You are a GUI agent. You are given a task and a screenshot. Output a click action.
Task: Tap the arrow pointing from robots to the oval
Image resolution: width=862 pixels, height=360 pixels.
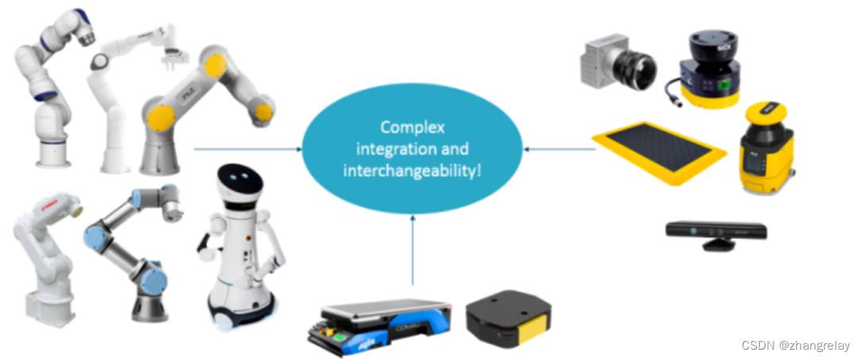[247, 148]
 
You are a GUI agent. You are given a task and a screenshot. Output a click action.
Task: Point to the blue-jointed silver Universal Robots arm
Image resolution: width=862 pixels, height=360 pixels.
[131, 247]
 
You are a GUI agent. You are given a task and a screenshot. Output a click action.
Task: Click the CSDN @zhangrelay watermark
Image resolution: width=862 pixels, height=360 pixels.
[795, 346]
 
